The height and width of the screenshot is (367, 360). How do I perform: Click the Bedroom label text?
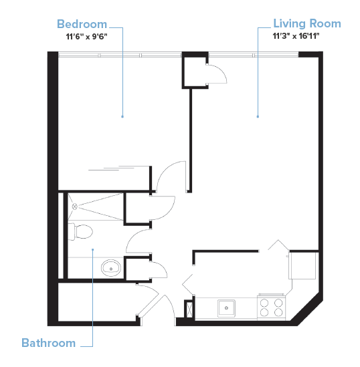coord(82,24)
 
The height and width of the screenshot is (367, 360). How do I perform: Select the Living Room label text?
coord(306,23)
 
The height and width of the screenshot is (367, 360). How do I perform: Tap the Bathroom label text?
coord(48,343)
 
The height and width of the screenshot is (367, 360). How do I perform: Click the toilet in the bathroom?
coord(82,232)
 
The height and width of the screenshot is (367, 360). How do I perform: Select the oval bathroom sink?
coord(110,268)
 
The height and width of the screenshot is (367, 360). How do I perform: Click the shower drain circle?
coord(75,207)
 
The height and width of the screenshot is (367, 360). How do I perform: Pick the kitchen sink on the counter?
coord(227,308)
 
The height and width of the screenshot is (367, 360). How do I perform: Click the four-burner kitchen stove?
coord(272,308)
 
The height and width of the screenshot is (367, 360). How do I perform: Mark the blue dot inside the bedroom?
coord(122,116)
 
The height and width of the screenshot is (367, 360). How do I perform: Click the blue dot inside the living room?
coord(258,116)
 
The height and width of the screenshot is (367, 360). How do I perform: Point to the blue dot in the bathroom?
coord(93,250)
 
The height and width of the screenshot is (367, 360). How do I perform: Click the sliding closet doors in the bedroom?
coord(120,168)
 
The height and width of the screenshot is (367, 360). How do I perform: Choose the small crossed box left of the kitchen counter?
coord(189,309)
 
